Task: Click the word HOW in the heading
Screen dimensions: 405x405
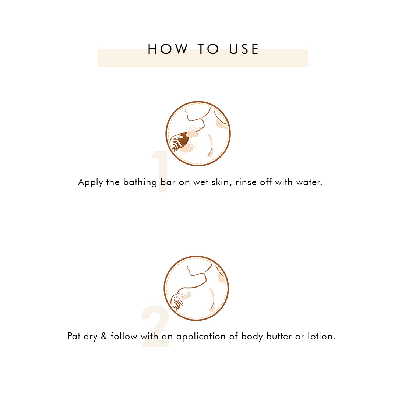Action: point(168,49)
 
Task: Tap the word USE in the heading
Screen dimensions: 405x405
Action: point(244,49)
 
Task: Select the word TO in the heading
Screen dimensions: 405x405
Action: point(208,49)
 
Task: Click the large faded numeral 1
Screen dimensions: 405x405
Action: point(161,171)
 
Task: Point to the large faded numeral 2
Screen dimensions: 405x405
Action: point(155,326)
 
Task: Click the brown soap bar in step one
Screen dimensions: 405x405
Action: point(184,140)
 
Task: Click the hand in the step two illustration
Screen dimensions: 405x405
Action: point(177,301)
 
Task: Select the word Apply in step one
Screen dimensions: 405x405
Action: point(91,183)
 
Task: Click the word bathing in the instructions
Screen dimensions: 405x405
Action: point(140,182)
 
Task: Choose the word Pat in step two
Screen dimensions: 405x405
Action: point(74,336)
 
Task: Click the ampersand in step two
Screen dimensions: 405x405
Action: point(104,336)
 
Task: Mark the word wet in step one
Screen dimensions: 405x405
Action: point(201,182)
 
